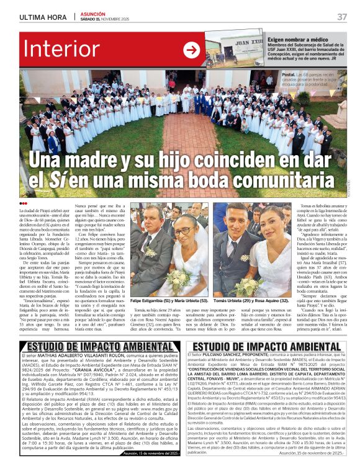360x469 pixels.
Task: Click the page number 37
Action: [342, 16]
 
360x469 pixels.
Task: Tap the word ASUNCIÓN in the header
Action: [94, 13]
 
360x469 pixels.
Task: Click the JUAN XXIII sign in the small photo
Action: [243, 45]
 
